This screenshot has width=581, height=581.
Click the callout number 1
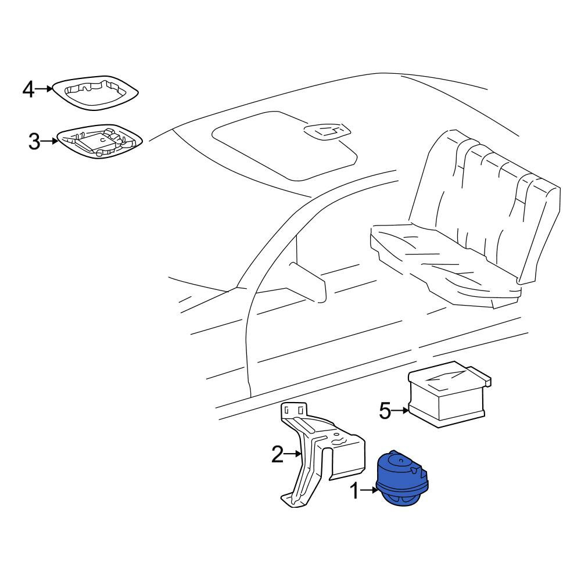point(354,491)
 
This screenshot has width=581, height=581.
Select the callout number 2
point(278,454)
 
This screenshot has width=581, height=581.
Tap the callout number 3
point(34,141)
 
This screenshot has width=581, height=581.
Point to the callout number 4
point(28,89)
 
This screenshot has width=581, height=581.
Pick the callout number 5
point(385,411)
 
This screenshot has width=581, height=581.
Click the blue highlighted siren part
point(401,478)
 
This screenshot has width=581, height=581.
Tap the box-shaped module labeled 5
point(449,394)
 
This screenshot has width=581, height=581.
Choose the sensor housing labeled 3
point(99,141)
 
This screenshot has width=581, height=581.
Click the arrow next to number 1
point(369,490)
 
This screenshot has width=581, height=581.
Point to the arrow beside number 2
point(293,454)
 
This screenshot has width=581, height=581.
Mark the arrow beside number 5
point(400,411)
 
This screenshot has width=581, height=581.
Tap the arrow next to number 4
point(44,88)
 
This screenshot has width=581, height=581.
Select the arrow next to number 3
point(49,141)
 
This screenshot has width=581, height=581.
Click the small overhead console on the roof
point(327,131)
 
